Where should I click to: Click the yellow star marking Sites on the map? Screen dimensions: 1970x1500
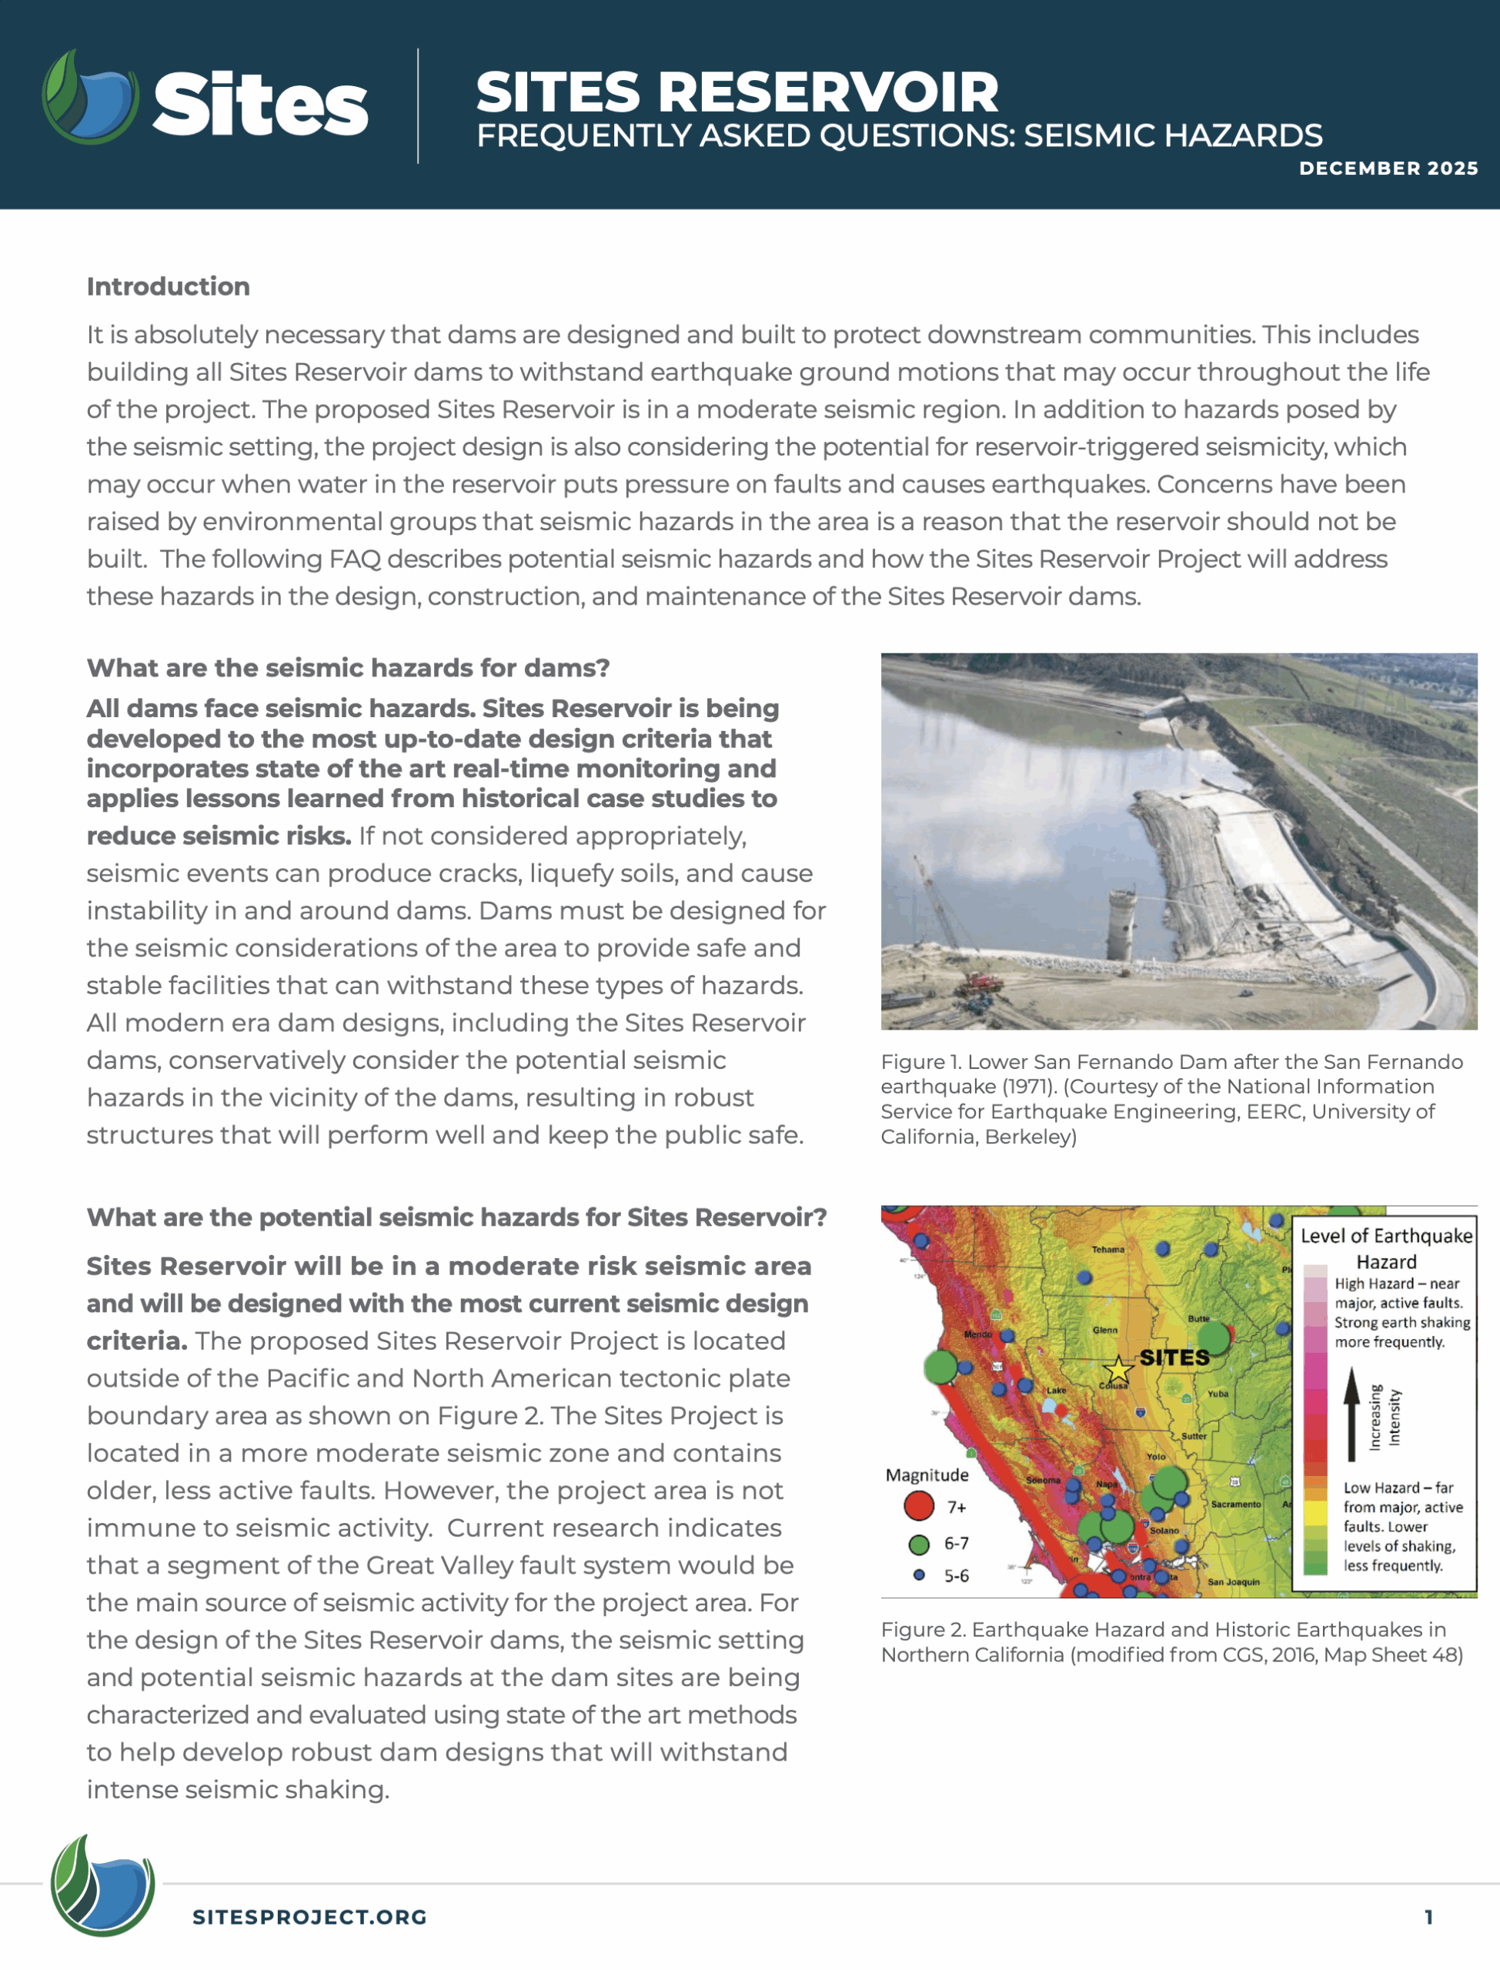point(1117,1368)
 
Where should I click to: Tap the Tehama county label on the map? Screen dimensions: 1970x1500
point(1107,1250)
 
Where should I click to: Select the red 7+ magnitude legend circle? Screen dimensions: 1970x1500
point(919,1506)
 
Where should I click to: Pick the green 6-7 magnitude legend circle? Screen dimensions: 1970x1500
point(919,1544)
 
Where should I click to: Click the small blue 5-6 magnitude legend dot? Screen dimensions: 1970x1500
point(919,1575)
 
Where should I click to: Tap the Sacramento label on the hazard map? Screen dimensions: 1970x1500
point(1236,1504)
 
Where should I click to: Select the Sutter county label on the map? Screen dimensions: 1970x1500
point(1194,1436)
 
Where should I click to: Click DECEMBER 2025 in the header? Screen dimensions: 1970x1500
point(1388,168)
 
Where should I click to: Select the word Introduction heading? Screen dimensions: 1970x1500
point(168,286)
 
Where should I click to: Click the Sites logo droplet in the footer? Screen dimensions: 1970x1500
point(102,1883)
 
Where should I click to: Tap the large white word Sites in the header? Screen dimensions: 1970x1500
point(260,105)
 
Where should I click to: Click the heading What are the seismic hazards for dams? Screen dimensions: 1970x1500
point(348,668)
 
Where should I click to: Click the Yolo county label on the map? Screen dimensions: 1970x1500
point(1155,1456)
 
